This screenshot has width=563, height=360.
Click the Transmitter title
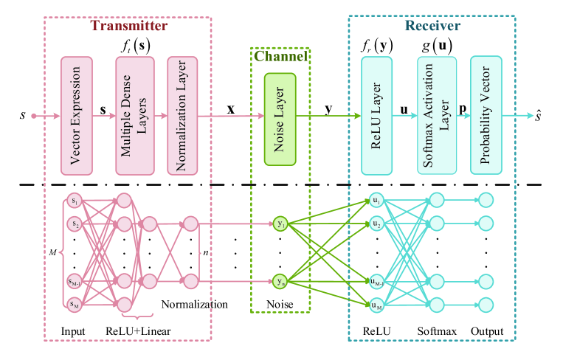pos(129,26)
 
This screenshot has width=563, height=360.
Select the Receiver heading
pos(432,26)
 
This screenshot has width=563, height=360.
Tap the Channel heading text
pos(281,56)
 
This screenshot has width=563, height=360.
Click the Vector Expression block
pos(77,116)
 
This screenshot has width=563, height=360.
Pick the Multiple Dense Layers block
pos(135,116)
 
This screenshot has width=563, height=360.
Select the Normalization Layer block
pos(182,116)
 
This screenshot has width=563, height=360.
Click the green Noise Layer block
pos(280,120)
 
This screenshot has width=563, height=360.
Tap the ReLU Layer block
pos(376,116)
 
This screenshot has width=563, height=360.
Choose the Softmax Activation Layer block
pos(437,116)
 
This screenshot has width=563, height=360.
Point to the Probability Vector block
pos(486,115)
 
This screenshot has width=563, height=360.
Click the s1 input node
pos(75,201)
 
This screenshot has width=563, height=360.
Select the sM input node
pos(75,305)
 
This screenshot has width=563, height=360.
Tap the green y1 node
pos(280,224)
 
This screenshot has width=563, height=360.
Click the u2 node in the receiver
pos(376,224)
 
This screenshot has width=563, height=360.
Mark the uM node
pos(376,305)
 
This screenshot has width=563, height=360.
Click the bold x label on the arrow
pos(231,108)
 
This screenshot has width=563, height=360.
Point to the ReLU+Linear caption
pos(138,331)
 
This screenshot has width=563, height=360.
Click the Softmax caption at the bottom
pos(437,331)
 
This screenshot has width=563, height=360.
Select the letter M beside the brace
pos(53,252)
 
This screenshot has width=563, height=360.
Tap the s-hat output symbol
pos(537,116)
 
